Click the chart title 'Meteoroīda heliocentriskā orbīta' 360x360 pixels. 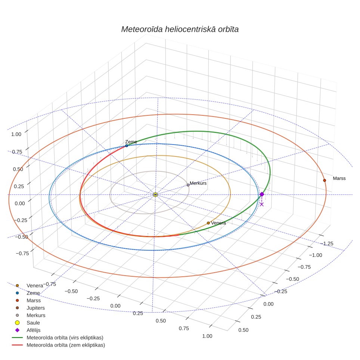[180, 30]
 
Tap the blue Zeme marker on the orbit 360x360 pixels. [127, 146]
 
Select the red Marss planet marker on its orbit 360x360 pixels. [325, 180]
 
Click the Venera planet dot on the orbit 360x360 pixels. [208, 223]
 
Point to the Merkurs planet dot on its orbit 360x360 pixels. [188, 185]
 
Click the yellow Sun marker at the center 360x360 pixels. [155, 195]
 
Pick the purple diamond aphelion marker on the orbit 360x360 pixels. [262, 195]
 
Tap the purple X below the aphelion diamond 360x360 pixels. [261, 204]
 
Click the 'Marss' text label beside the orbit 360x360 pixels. [339, 179]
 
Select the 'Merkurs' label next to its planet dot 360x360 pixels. [198, 183]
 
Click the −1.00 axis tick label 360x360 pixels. [316, 255]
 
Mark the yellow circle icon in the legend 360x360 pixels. [17, 323]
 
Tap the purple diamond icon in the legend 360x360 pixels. [17, 330]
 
